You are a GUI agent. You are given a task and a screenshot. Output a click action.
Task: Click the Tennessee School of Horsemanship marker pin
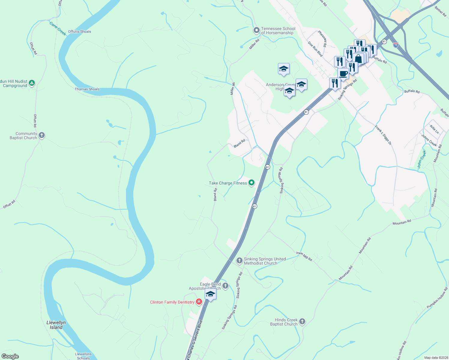[256, 30]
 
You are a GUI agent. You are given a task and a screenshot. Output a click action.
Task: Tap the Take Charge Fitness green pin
[252, 182]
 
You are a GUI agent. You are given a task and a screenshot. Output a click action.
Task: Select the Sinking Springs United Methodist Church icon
[239, 260]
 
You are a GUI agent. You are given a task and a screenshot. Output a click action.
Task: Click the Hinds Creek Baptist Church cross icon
[302, 322]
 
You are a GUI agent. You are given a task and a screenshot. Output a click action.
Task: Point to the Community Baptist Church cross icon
[42, 135]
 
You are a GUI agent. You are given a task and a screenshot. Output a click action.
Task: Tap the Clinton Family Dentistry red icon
[199, 302]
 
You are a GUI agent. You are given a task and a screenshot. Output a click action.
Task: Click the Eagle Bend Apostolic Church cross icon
[225, 286]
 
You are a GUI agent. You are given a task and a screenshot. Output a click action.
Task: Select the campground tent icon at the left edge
[32, 83]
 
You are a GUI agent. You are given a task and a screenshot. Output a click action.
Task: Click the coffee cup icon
[343, 74]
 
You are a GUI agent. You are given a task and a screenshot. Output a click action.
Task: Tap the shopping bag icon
[358, 58]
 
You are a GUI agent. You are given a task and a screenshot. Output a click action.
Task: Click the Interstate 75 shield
[396, 45]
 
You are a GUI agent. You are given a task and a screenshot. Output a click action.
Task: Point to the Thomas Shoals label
[87, 89]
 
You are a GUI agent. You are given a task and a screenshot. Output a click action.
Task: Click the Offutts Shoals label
[80, 31]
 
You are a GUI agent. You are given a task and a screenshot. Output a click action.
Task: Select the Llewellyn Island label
[56, 325]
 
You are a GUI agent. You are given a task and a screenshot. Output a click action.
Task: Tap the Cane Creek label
[58, 29]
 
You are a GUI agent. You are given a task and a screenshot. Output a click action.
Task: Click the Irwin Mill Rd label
[304, 256]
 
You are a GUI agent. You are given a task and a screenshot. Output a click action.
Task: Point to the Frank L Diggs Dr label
[383, 135]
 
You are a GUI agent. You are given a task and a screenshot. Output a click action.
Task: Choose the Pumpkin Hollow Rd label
[437, 298]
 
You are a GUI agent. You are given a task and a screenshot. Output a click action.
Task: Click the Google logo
[10, 356]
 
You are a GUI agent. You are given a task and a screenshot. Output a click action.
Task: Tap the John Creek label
[422, 159]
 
